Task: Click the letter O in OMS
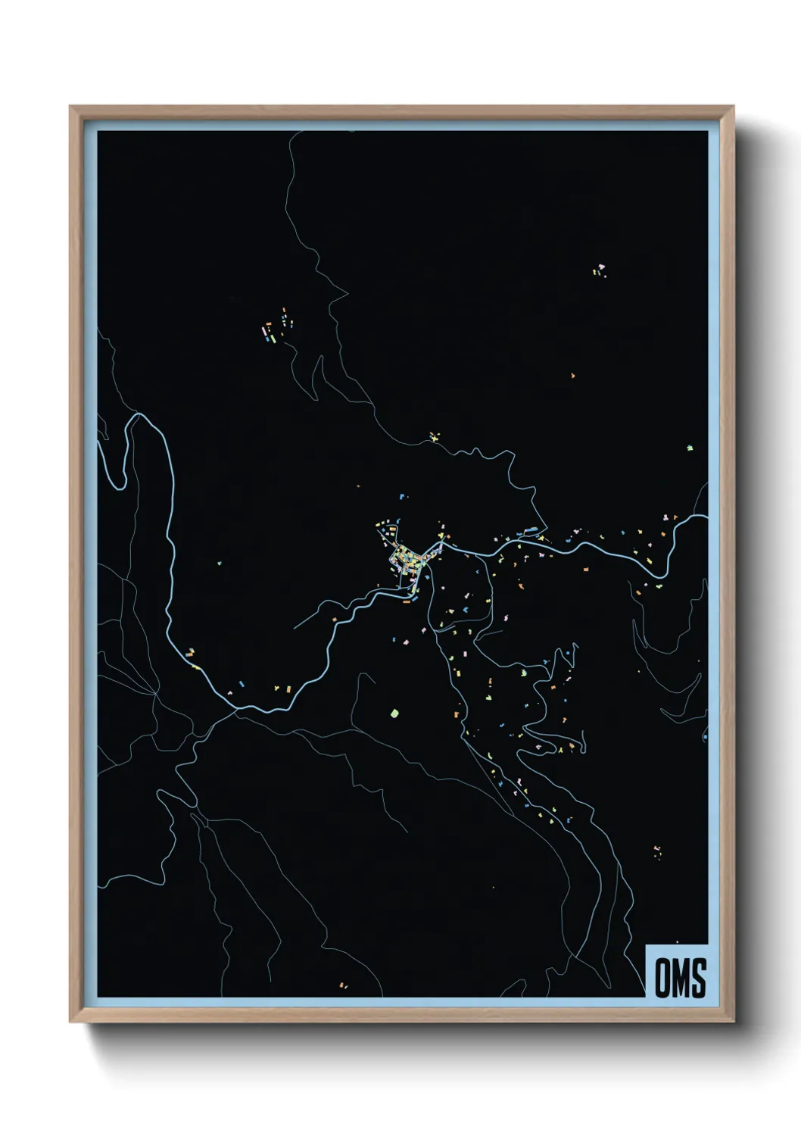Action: tap(661, 978)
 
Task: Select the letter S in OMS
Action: tap(698, 978)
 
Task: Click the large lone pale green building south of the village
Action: tap(393, 713)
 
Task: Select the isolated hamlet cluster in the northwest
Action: tap(276, 326)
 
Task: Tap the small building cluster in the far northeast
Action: tap(600, 270)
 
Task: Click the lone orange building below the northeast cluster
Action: tap(572, 375)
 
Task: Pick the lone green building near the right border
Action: tap(689, 448)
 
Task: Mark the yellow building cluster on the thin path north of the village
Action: tap(434, 436)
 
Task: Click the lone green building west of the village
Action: tap(219, 563)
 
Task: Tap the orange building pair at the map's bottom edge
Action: tap(342, 985)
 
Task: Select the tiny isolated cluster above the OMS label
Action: tap(657, 851)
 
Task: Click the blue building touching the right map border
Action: tap(705, 736)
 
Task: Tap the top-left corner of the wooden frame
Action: tap(72, 108)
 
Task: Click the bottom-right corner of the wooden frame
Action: tap(732, 1020)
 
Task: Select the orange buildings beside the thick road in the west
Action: tap(190, 652)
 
